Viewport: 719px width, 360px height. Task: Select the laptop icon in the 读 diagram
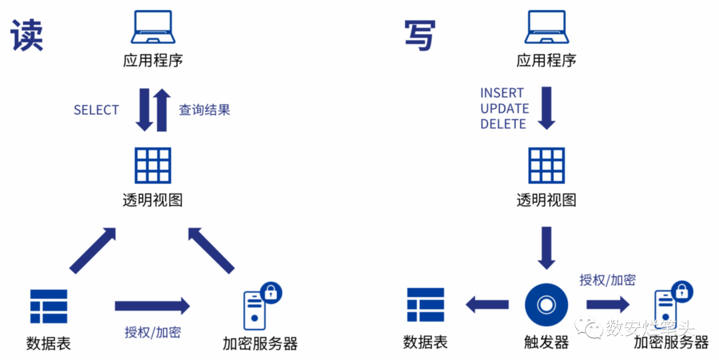[x=152, y=28]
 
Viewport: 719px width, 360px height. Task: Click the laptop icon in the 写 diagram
[x=546, y=28]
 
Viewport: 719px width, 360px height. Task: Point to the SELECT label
[x=97, y=110]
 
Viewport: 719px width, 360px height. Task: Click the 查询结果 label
[x=204, y=110]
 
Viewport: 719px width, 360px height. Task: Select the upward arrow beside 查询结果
[x=162, y=110]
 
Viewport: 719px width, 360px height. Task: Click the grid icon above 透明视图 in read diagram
[x=152, y=165]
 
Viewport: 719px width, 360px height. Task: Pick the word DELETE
[x=503, y=124]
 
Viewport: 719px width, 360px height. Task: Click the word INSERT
[x=502, y=93]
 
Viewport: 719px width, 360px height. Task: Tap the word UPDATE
[x=505, y=108]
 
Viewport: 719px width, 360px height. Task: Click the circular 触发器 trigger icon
[x=546, y=305]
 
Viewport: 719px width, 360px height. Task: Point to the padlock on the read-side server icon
[x=270, y=291]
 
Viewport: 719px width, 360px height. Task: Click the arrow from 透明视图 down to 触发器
[x=546, y=247]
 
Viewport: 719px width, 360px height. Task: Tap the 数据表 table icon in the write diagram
[x=425, y=305]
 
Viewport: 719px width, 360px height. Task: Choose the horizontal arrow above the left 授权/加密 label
[x=152, y=305]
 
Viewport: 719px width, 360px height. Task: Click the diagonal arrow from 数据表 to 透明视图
[x=93, y=251]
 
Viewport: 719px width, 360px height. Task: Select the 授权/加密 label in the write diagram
[x=607, y=279]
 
